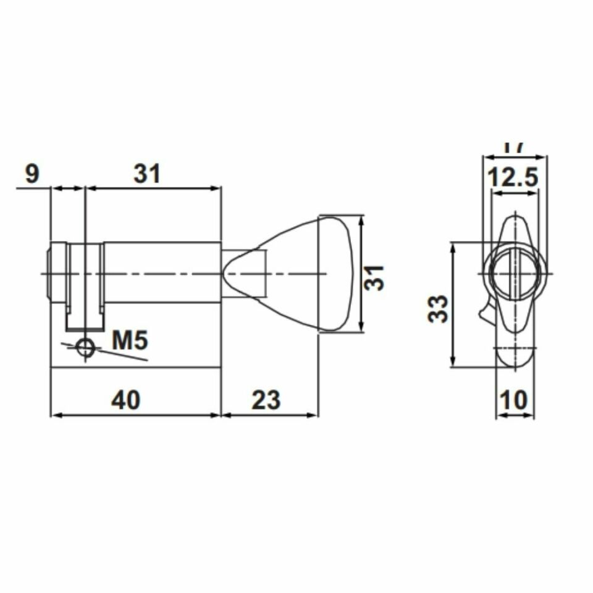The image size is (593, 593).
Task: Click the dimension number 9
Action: [32, 174]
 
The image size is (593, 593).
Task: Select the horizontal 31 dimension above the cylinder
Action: [147, 174]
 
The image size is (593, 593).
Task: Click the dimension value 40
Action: [126, 400]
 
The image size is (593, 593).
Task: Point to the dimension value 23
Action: [266, 400]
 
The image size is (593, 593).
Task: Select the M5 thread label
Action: [130, 340]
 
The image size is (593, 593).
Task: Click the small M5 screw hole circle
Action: [85, 348]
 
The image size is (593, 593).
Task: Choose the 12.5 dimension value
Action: [513, 179]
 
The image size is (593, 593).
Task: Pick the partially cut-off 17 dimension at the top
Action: [513, 148]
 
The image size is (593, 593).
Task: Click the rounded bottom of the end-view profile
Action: [515, 358]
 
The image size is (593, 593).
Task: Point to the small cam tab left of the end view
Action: [486, 311]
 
